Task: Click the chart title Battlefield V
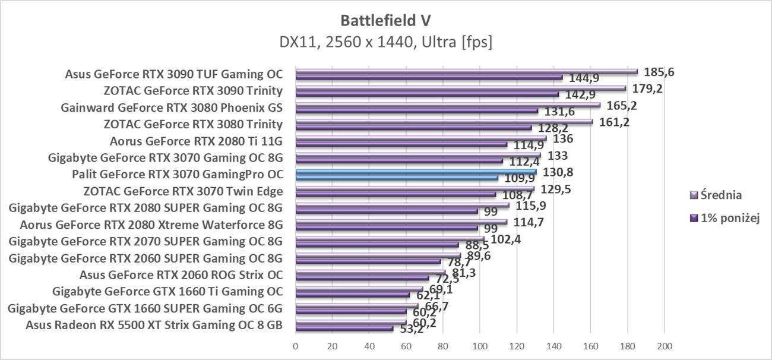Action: pos(386,21)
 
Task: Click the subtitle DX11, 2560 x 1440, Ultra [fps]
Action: pos(386,42)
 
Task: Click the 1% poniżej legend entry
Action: pos(727,217)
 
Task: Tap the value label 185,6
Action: pos(659,72)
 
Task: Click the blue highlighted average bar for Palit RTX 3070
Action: pos(416,172)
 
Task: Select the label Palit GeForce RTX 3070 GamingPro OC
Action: pos(177,175)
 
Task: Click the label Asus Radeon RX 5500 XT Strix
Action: pos(154,325)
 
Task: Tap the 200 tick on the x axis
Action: pos(664,346)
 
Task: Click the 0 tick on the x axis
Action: pos(296,346)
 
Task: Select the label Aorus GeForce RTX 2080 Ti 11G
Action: pos(196,141)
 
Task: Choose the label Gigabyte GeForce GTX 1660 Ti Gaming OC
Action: pos(167,292)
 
